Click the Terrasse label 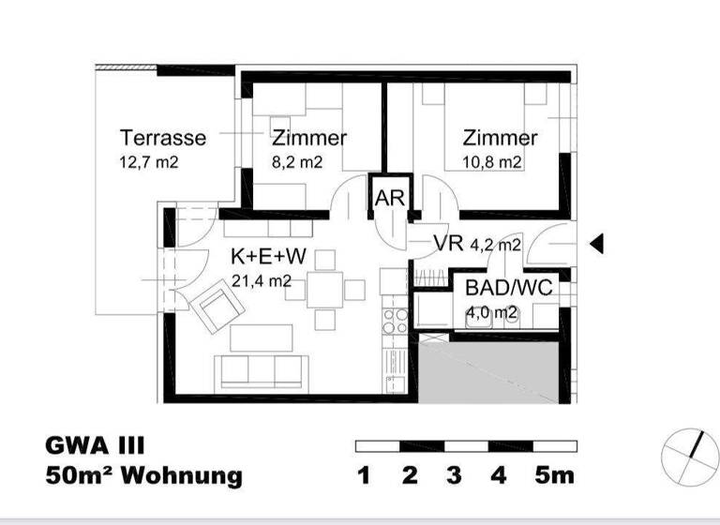tap(163, 138)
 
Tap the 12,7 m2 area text tap(149, 162)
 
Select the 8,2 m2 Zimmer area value tap(297, 162)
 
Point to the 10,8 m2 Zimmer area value tap(492, 162)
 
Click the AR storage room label tap(389, 199)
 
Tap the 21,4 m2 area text tap(262, 280)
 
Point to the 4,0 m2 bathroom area tap(492, 313)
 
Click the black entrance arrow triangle tap(595, 245)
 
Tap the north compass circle tap(689, 455)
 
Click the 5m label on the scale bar tap(554, 476)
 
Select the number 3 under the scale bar tap(454, 476)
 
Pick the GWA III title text tap(96, 445)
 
